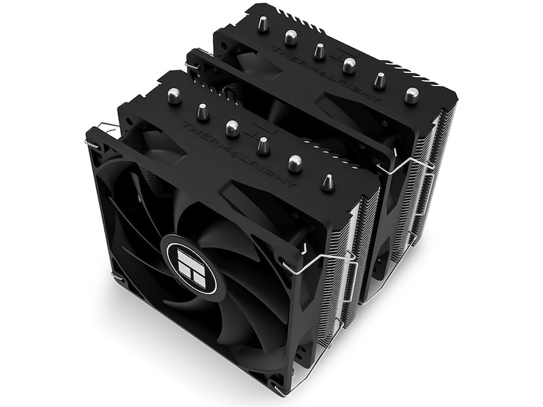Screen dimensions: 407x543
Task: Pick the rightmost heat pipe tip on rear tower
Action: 411,95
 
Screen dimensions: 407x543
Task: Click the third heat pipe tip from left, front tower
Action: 232,128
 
